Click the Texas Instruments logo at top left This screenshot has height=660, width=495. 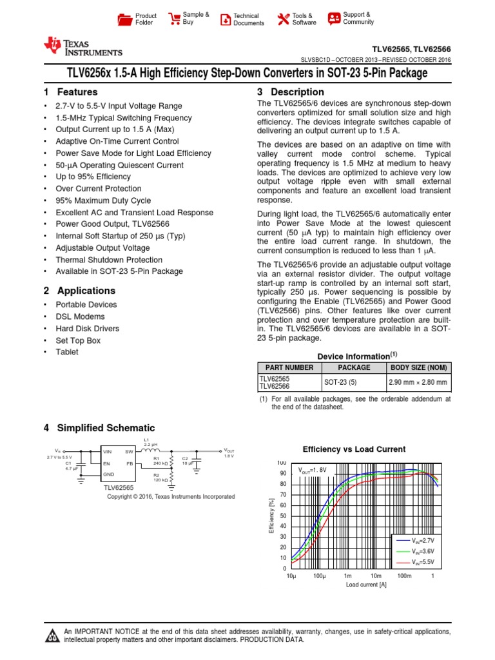[x=82, y=46]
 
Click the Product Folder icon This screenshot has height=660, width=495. [x=124, y=19]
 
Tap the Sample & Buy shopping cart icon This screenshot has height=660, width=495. [x=173, y=19]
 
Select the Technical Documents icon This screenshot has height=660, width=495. [x=225, y=19]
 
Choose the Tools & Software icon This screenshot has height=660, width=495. [x=283, y=19]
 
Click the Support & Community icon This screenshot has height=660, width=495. [x=334, y=18]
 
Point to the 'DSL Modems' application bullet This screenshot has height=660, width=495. [x=78, y=316]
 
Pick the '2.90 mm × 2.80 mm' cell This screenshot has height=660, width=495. [x=418, y=382]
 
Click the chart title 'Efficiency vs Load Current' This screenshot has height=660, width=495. [x=354, y=449]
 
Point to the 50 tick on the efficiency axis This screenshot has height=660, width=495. [x=282, y=516]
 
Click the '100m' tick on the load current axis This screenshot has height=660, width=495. [x=404, y=576]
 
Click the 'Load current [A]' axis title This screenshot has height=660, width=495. [x=366, y=585]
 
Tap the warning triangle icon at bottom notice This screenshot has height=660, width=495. [x=51, y=637]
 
